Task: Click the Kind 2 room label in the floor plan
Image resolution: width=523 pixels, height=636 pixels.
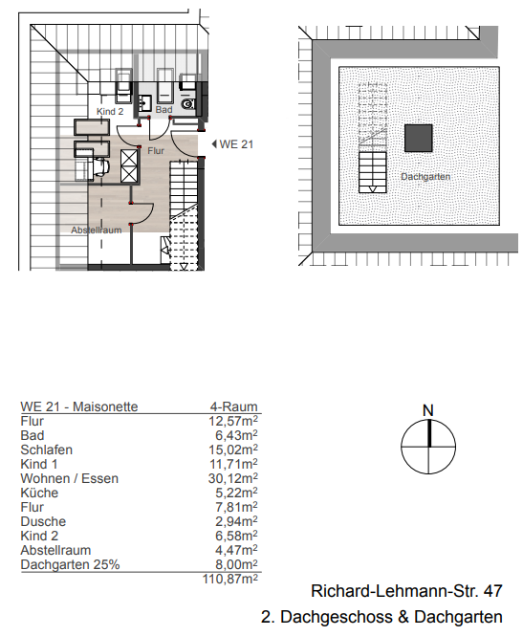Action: click(111, 112)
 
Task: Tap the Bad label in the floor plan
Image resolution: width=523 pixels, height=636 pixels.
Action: click(163, 111)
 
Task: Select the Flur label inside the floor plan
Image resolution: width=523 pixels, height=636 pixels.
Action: click(156, 150)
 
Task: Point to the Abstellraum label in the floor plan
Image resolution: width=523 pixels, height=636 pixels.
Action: click(96, 230)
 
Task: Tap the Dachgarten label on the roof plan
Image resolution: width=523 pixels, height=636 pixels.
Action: click(425, 177)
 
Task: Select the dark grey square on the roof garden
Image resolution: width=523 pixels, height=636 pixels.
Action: click(417, 139)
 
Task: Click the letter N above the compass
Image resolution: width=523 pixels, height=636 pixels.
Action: click(427, 410)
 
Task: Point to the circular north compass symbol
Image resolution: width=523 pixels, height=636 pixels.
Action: click(427, 447)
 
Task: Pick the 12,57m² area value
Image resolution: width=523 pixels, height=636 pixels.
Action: click(234, 421)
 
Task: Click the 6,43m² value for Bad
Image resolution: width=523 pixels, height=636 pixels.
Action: click(237, 435)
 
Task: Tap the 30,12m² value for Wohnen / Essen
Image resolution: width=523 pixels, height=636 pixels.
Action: click(234, 478)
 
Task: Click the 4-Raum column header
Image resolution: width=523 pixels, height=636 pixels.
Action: click(233, 406)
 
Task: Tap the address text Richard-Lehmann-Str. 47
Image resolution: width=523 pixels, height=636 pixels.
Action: click(406, 592)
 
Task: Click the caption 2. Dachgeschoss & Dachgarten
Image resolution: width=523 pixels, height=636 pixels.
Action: click(381, 617)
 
